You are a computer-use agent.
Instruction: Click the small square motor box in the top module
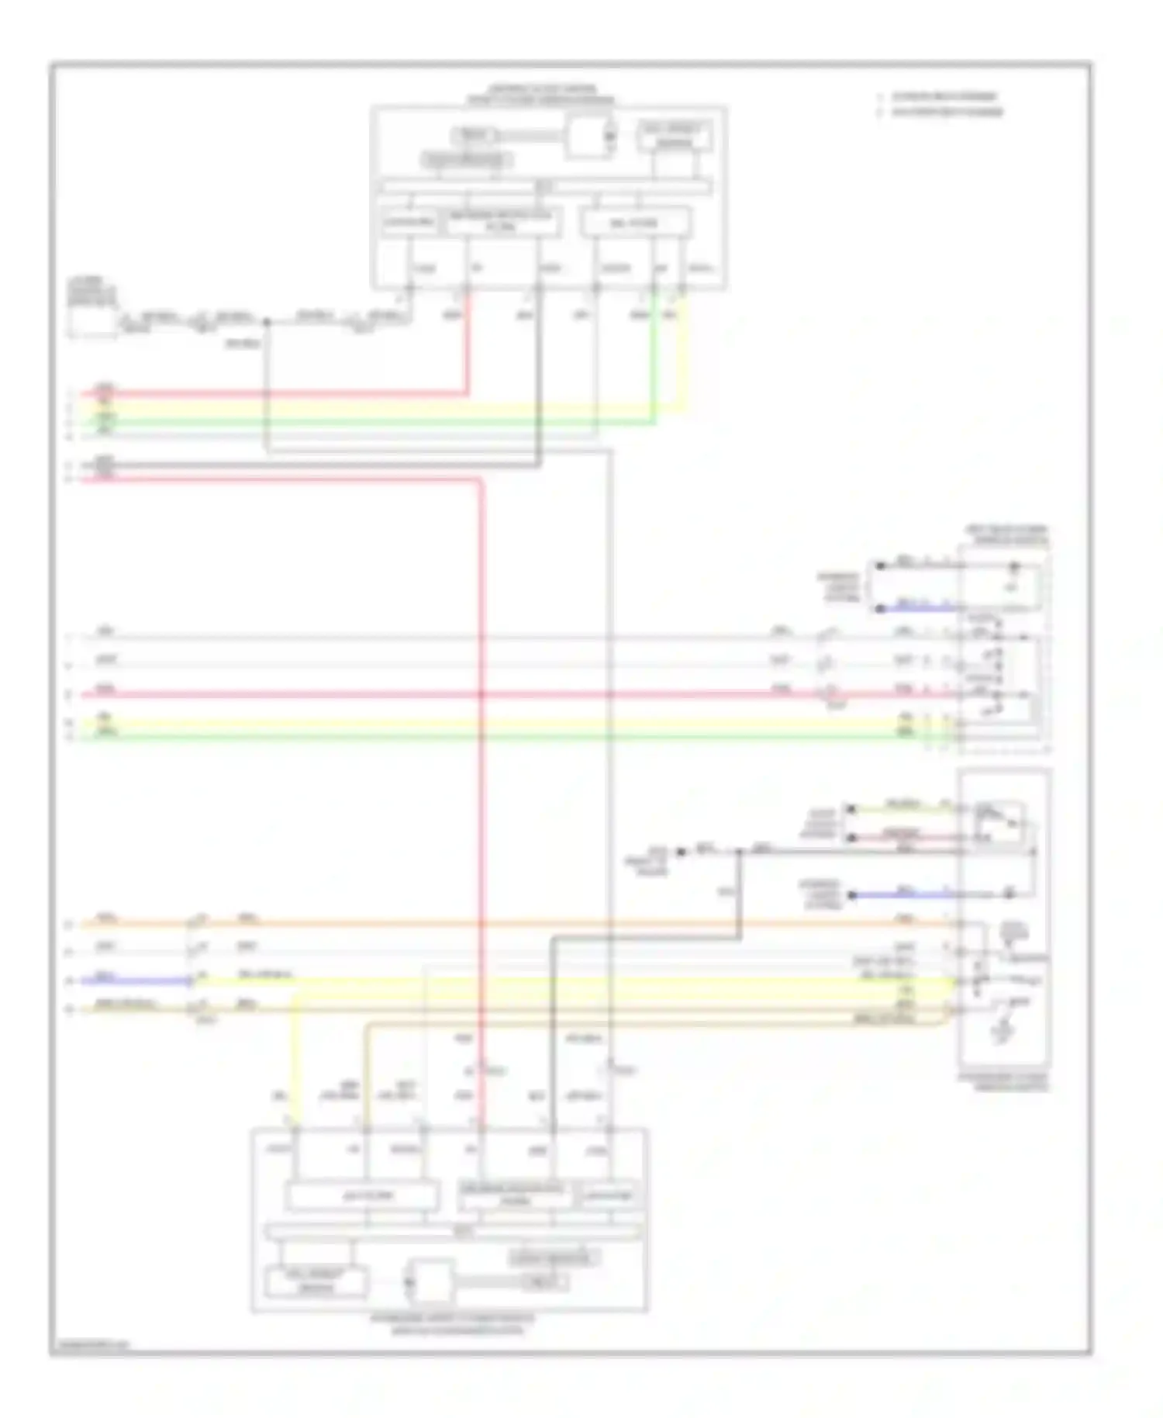point(588,137)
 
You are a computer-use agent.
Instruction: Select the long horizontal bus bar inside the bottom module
point(454,1231)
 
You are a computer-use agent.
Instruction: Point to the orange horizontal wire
point(543,924)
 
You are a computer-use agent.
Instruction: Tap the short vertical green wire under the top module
point(654,357)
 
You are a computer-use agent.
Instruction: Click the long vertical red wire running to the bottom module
point(481,776)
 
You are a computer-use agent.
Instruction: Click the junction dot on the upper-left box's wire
point(266,321)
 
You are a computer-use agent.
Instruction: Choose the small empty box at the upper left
point(91,321)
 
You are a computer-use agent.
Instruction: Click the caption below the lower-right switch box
point(1003,1082)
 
